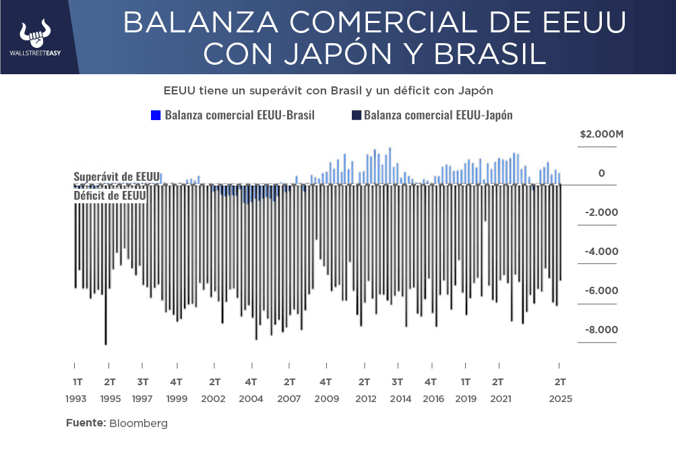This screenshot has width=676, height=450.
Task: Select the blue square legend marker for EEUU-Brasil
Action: click(156, 115)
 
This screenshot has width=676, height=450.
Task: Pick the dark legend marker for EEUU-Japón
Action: click(357, 115)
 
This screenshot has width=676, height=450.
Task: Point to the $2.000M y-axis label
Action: click(601, 134)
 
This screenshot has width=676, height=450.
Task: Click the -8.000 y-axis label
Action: click(599, 330)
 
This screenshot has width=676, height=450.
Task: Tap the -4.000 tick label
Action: click(599, 252)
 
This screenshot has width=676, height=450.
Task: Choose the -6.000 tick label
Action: click(599, 291)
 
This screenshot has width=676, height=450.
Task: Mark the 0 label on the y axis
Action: click(602, 173)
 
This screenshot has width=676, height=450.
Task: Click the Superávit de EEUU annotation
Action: click(116, 176)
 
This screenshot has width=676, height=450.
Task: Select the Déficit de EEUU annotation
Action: click(109, 195)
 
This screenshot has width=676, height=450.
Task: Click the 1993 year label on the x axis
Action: click(76, 399)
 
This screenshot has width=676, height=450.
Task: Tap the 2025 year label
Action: click(561, 399)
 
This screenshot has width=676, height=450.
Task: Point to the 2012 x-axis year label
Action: click(365, 399)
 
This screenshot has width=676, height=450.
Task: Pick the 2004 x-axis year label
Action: click(251, 399)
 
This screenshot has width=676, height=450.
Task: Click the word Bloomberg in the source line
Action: click(138, 424)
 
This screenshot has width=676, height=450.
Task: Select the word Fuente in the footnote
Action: click(86, 424)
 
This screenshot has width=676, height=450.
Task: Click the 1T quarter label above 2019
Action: click(466, 381)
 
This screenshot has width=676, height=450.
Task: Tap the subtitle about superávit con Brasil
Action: click(329, 90)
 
